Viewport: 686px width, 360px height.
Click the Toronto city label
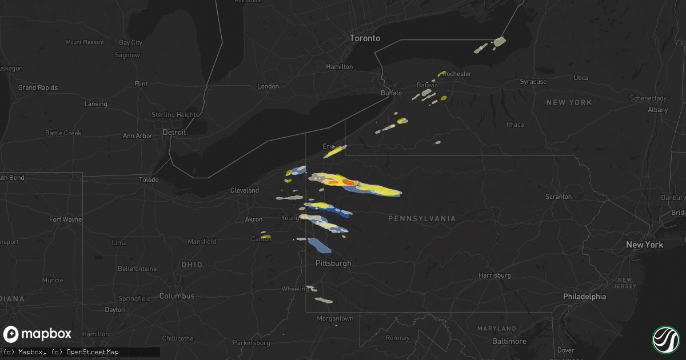[x=365, y=38]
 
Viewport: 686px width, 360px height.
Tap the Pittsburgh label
[x=333, y=263]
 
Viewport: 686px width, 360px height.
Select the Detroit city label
[x=174, y=132]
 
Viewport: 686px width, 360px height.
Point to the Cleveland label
[x=245, y=190]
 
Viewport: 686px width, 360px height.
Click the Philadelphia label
[x=584, y=297]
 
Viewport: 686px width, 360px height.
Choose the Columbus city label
[x=177, y=296]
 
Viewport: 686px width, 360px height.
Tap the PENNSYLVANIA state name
[x=422, y=219]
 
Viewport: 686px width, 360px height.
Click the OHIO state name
[x=192, y=265]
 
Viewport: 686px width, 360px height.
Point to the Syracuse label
[x=533, y=82]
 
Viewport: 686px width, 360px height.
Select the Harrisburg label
[x=495, y=275]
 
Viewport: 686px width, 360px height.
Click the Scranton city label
[x=558, y=197]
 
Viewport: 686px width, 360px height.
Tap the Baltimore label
[x=510, y=341]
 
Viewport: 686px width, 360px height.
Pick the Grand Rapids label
[x=35, y=88]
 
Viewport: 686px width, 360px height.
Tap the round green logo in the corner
[x=666, y=339]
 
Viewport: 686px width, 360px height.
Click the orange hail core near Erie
[x=348, y=182]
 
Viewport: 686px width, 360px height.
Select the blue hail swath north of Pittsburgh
[x=319, y=246]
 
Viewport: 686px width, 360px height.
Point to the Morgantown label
[x=335, y=318]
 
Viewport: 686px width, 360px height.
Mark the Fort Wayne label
[x=65, y=219]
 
